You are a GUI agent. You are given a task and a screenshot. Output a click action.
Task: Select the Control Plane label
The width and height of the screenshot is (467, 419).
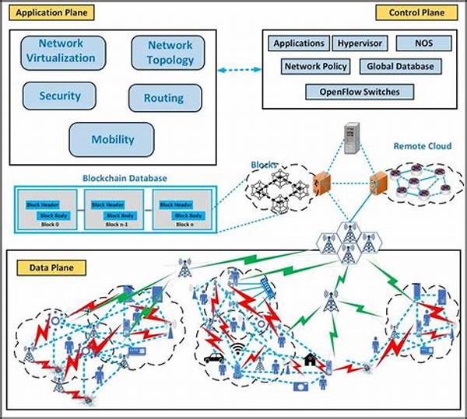[x=409, y=13]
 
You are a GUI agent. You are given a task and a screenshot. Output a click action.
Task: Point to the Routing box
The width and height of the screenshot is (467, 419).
[x=163, y=99]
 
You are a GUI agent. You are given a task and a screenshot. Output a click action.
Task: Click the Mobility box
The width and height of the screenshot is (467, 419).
[x=113, y=140]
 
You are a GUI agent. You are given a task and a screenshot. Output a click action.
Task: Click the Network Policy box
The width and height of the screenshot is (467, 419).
[x=316, y=67]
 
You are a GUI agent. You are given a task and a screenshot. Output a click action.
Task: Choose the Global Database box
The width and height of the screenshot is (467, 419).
[x=400, y=67]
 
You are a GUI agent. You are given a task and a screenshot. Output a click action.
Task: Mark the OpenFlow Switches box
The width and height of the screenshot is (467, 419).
[x=360, y=93]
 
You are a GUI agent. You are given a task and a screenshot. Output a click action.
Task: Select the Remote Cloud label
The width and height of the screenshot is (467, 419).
[x=420, y=145]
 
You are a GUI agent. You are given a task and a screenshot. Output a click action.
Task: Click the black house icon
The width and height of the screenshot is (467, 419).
[x=310, y=360]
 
